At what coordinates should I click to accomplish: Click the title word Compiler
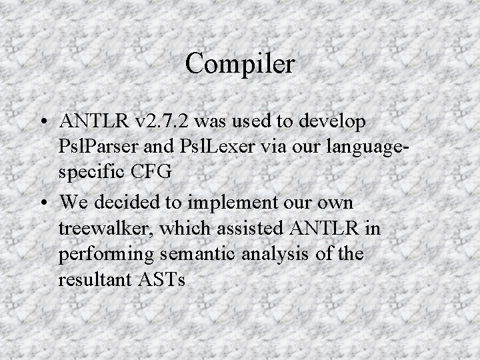(x=240, y=64)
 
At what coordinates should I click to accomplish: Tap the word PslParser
(x=100, y=145)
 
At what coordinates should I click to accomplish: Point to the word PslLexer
(x=208, y=145)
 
